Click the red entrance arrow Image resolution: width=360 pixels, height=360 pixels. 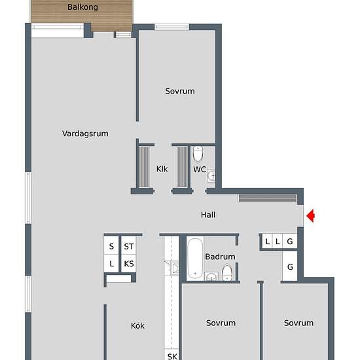[x=311, y=215]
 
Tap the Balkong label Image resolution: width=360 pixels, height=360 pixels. [x=82, y=7]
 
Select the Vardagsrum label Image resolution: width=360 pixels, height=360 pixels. [x=85, y=134]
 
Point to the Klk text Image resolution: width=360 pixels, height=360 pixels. [x=162, y=169]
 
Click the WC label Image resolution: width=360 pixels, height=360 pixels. [x=200, y=170]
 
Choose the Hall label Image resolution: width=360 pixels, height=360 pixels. [x=208, y=215]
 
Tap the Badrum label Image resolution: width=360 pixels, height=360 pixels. [x=220, y=257]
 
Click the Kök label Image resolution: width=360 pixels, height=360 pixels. [x=137, y=325]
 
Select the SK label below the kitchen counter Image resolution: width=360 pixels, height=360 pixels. [x=172, y=357]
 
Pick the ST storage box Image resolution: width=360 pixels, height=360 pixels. [x=129, y=246]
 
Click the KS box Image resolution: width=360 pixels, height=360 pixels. [x=129, y=264]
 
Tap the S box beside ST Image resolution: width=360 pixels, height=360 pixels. [x=112, y=246]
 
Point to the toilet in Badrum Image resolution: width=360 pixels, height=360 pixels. [x=227, y=272]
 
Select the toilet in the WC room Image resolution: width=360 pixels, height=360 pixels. [x=199, y=154]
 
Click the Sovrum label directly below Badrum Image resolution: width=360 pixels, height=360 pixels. [x=221, y=323]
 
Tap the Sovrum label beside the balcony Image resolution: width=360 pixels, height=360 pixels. [x=180, y=92]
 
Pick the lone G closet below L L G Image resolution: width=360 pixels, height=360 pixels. [x=290, y=267]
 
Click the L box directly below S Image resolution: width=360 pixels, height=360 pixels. [x=112, y=264]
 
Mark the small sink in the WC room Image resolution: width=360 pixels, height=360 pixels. [x=211, y=175]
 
